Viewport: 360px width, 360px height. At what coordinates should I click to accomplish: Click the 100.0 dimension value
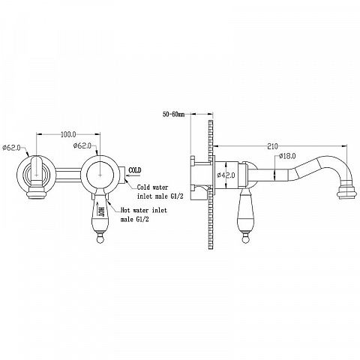pyautogui.click(x=68, y=134)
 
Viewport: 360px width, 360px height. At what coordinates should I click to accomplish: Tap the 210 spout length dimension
pyautogui.click(x=272, y=146)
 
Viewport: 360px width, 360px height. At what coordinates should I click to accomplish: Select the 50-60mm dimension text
pyautogui.click(x=173, y=115)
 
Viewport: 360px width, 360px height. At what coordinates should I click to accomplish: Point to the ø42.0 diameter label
pyautogui.click(x=226, y=175)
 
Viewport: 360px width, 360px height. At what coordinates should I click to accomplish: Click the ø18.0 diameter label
pyautogui.click(x=287, y=156)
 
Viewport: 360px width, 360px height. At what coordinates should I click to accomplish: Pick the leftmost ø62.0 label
pyautogui.click(x=11, y=148)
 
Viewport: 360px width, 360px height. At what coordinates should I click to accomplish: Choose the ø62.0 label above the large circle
pyautogui.click(x=82, y=145)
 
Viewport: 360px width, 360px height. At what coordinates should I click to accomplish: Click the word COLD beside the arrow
pyautogui.click(x=135, y=170)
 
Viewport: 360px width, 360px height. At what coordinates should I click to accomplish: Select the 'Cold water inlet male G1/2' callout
pyautogui.click(x=160, y=192)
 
